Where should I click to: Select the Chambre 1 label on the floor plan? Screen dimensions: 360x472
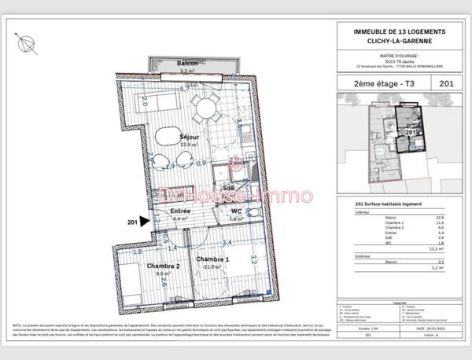coord(212,259)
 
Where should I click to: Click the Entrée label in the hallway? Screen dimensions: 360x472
coord(181,210)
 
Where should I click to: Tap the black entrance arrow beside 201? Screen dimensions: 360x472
coord(144,223)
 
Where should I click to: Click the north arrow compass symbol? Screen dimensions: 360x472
coord(27,42)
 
